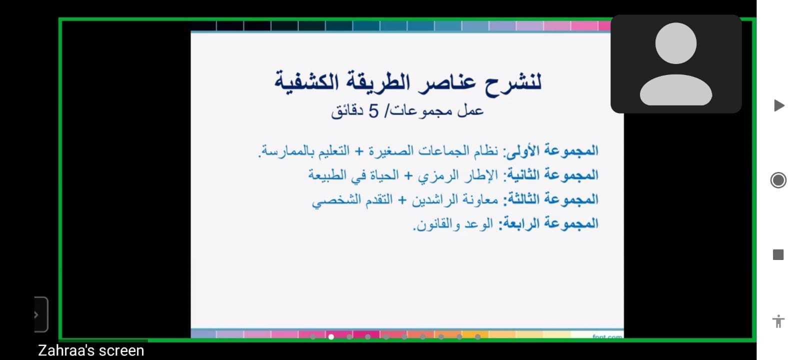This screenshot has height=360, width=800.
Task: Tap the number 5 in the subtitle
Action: click(x=373, y=111)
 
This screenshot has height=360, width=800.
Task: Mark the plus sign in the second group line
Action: click(x=408, y=175)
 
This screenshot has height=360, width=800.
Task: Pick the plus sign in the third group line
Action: click(x=402, y=200)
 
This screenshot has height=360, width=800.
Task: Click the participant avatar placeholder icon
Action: click(x=675, y=63)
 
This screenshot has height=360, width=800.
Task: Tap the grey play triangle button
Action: click(x=779, y=105)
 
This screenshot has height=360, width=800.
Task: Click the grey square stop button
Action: click(x=778, y=255)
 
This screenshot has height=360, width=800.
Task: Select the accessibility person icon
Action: click(x=778, y=321)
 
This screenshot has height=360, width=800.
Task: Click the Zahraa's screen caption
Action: click(x=91, y=350)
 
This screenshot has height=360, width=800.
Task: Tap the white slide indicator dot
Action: click(x=331, y=337)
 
